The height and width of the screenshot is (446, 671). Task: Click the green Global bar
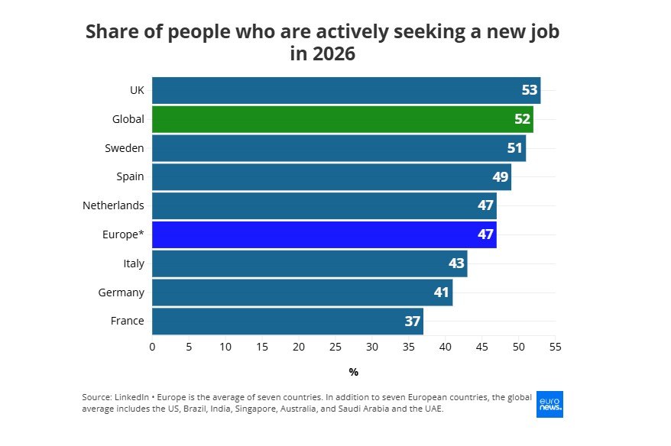coord(342,119)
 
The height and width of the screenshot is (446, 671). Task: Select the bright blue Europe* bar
coord(324,234)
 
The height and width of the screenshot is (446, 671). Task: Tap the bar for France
coord(287,322)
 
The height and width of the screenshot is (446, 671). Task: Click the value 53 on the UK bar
coord(530,90)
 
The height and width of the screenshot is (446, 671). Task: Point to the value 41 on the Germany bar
coord(442,292)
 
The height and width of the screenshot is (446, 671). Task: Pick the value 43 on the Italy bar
coord(456,263)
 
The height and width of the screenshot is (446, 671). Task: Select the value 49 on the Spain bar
coord(501,177)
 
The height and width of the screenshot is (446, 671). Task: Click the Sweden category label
coord(125,148)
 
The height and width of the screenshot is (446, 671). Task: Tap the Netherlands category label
coord(113,205)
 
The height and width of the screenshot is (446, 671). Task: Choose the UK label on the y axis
coord(137,90)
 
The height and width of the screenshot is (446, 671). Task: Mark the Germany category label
coord(121,292)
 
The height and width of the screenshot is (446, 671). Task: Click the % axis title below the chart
coord(354,372)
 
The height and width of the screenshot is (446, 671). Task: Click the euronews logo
coord(550,404)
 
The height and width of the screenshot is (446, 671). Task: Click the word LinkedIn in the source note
coord(133,398)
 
